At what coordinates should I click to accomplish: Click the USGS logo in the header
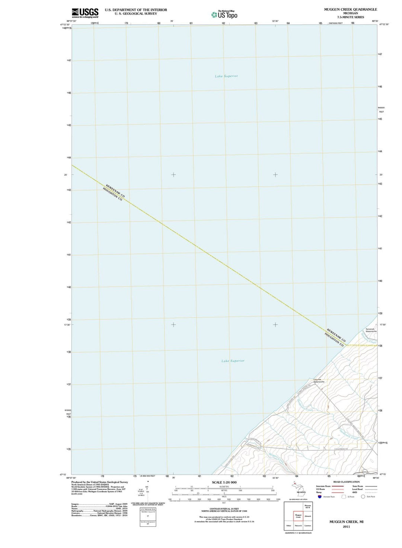point(85,13)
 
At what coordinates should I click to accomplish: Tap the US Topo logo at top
point(224,15)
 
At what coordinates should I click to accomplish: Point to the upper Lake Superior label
point(226,76)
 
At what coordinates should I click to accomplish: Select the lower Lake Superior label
point(233,361)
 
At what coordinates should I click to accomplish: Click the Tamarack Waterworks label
point(371,330)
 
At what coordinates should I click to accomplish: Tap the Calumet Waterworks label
point(319,381)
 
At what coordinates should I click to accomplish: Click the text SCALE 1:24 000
point(224,482)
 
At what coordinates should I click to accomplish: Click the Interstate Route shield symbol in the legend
point(319,497)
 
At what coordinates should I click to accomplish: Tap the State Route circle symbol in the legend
point(363,497)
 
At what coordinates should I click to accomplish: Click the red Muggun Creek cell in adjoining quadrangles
point(298,516)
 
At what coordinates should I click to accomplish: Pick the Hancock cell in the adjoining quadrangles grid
point(298,526)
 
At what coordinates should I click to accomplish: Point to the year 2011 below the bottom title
point(346,527)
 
